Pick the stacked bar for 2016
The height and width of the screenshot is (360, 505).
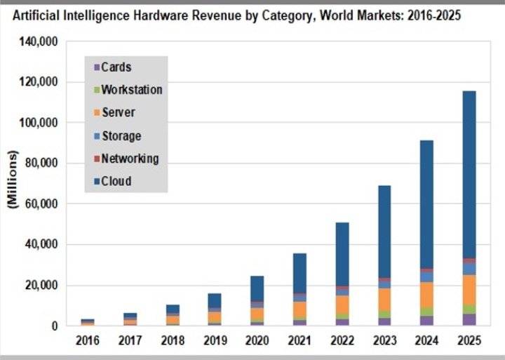(x=88, y=322)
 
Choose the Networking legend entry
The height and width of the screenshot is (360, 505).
(x=130, y=159)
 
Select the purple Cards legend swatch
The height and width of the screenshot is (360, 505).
(x=96, y=68)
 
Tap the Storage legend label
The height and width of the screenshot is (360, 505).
(x=121, y=135)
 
